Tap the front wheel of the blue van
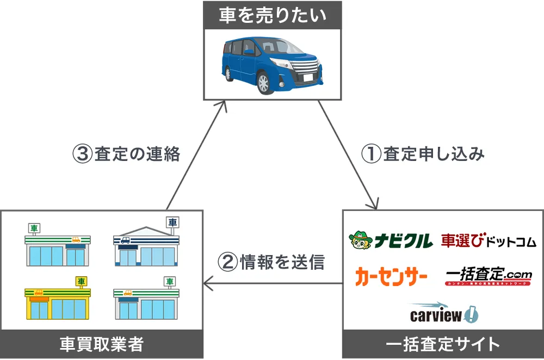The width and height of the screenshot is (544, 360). [263, 83]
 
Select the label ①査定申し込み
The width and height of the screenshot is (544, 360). [423, 154]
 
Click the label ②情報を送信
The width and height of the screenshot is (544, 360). [271, 262]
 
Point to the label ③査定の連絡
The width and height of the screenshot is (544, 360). [126, 154]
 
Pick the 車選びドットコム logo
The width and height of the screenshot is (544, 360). [488, 240]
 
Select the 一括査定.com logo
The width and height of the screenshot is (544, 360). [488, 276]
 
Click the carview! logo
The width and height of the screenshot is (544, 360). [443, 313]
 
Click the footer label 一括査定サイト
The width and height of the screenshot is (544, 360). [442, 344]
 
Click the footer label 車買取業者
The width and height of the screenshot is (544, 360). [102, 344]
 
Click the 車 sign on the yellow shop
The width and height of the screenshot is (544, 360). [81, 281]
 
